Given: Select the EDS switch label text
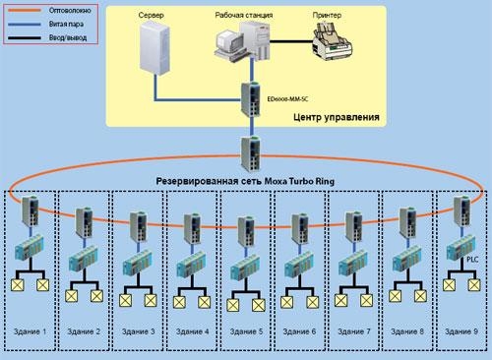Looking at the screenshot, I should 285,99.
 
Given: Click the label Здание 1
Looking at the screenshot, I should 30,330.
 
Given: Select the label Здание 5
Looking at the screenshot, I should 245,331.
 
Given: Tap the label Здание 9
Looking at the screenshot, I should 460,330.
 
